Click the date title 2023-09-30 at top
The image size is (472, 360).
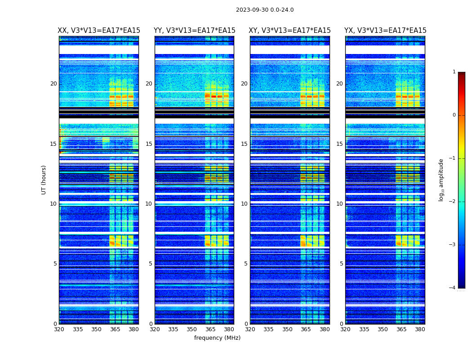pos(265,10)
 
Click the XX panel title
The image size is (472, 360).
pos(99,31)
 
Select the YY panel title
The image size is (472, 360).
pos(194,31)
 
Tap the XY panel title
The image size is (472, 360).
pos(289,31)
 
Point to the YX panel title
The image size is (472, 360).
pos(385,31)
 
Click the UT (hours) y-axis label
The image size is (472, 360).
pos(44,180)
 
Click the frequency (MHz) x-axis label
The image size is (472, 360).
pos(217,338)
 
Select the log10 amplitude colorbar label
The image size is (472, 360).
pos(441,180)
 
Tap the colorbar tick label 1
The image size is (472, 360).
pos(454,72)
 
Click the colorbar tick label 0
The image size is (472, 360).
pos(454,115)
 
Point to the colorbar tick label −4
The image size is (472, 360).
pos(453,288)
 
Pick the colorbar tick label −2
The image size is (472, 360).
pos(453,202)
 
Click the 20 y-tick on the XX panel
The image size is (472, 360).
pos(53,84)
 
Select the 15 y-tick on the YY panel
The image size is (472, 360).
pos(149,144)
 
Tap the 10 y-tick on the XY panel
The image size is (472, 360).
pos(244,204)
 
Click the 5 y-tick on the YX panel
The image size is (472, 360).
pos(341,264)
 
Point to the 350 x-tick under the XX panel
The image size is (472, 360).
pos(96,329)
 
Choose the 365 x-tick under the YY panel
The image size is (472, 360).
pos(211,329)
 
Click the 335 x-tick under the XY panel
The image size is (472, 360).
pos(268,329)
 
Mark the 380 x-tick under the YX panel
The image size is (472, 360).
pos(420,329)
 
